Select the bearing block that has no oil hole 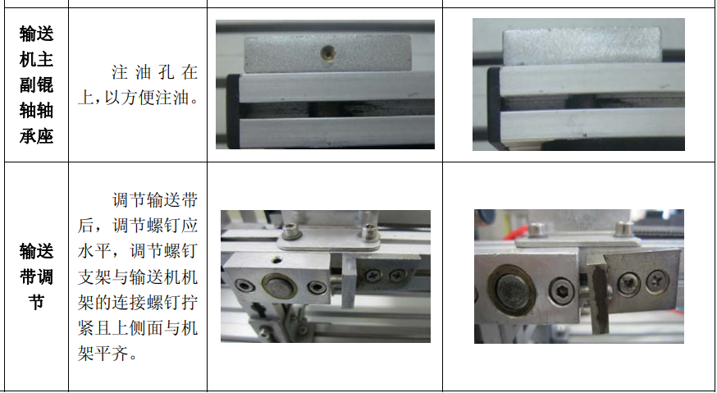point(582,45)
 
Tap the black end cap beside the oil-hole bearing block point(233,112)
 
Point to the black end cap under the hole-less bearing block point(494,108)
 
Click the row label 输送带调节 point(36,276)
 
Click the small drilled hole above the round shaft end point(276,261)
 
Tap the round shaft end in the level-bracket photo point(279,286)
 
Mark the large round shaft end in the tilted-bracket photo point(512,290)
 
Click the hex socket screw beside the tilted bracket point(561,290)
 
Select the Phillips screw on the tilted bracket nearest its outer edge point(658,281)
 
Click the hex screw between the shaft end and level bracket point(317,287)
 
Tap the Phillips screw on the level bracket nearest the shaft point(373,275)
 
